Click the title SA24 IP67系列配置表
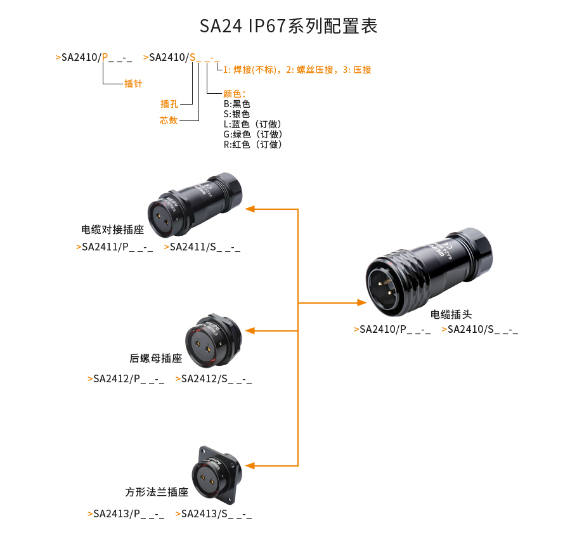288,26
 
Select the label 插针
133,84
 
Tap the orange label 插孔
169,104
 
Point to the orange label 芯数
169,120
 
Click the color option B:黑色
237,104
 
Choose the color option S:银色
237,114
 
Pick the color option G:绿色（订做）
253,134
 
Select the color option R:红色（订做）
253,145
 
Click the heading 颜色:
235,94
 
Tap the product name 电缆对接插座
113,229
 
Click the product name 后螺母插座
155,358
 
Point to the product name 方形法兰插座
157,492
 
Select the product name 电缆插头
451,314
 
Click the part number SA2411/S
202,247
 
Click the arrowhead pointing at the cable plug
362,303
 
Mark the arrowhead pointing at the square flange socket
250,466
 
